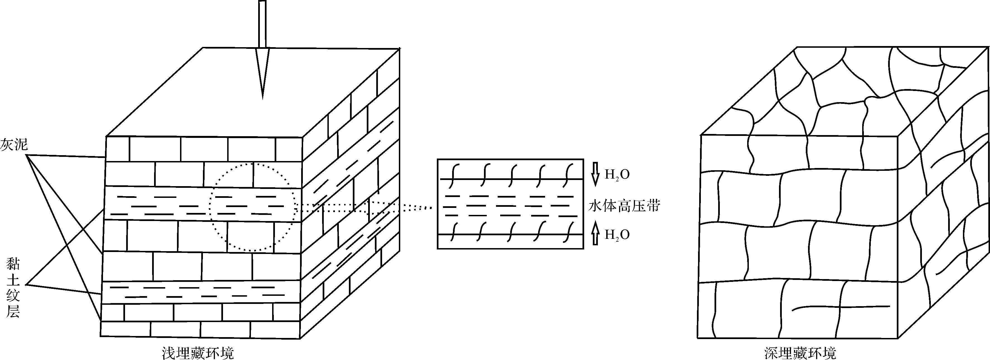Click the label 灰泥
15,145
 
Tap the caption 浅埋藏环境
198,353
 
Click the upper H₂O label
617,175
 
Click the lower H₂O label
617,235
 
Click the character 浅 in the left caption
169,353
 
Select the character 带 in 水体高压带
653,206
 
